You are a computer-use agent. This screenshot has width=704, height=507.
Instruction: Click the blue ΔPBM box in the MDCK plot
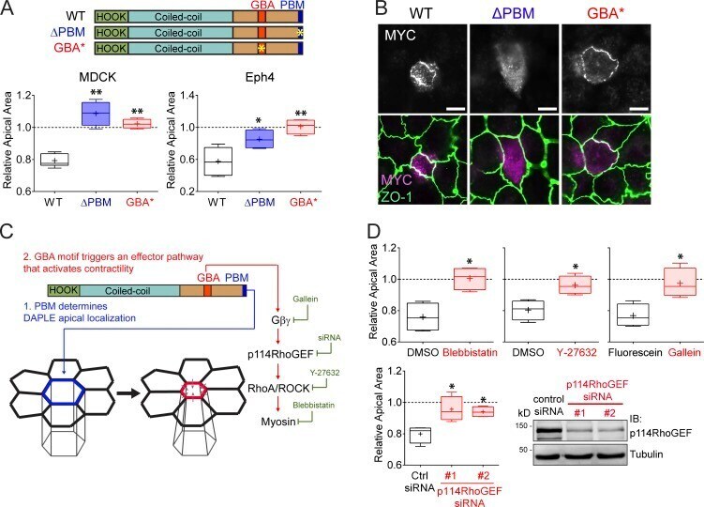(x=96, y=114)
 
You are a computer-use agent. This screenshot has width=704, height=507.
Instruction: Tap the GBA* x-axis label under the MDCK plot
(x=140, y=203)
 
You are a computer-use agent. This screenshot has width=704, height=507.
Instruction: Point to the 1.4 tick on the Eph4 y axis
(x=187, y=95)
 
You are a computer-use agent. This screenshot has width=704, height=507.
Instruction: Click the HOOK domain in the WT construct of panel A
(x=112, y=17)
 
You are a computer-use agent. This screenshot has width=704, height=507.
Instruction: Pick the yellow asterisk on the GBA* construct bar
(x=262, y=49)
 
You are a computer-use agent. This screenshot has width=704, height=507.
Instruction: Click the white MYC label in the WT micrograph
(x=400, y=35)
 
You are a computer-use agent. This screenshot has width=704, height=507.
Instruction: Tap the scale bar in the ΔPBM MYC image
(x=547, y=109)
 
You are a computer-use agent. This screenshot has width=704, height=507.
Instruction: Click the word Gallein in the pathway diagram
(x=306, y=299)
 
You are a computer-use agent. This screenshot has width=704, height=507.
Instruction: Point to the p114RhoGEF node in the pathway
(x=280, y=355)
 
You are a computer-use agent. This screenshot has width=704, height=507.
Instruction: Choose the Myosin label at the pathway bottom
(x=278, y=422)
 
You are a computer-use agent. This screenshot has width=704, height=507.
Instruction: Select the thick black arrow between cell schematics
(x=128, y=392)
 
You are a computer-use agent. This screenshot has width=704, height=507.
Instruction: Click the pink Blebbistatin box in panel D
(x=470, y=279)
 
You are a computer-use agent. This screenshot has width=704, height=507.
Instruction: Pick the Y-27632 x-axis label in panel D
(x=577, y=352)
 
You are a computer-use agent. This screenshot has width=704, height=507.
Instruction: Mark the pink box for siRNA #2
(x=483, y=411)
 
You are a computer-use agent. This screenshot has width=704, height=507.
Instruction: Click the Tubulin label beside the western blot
(x=646, y=453)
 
